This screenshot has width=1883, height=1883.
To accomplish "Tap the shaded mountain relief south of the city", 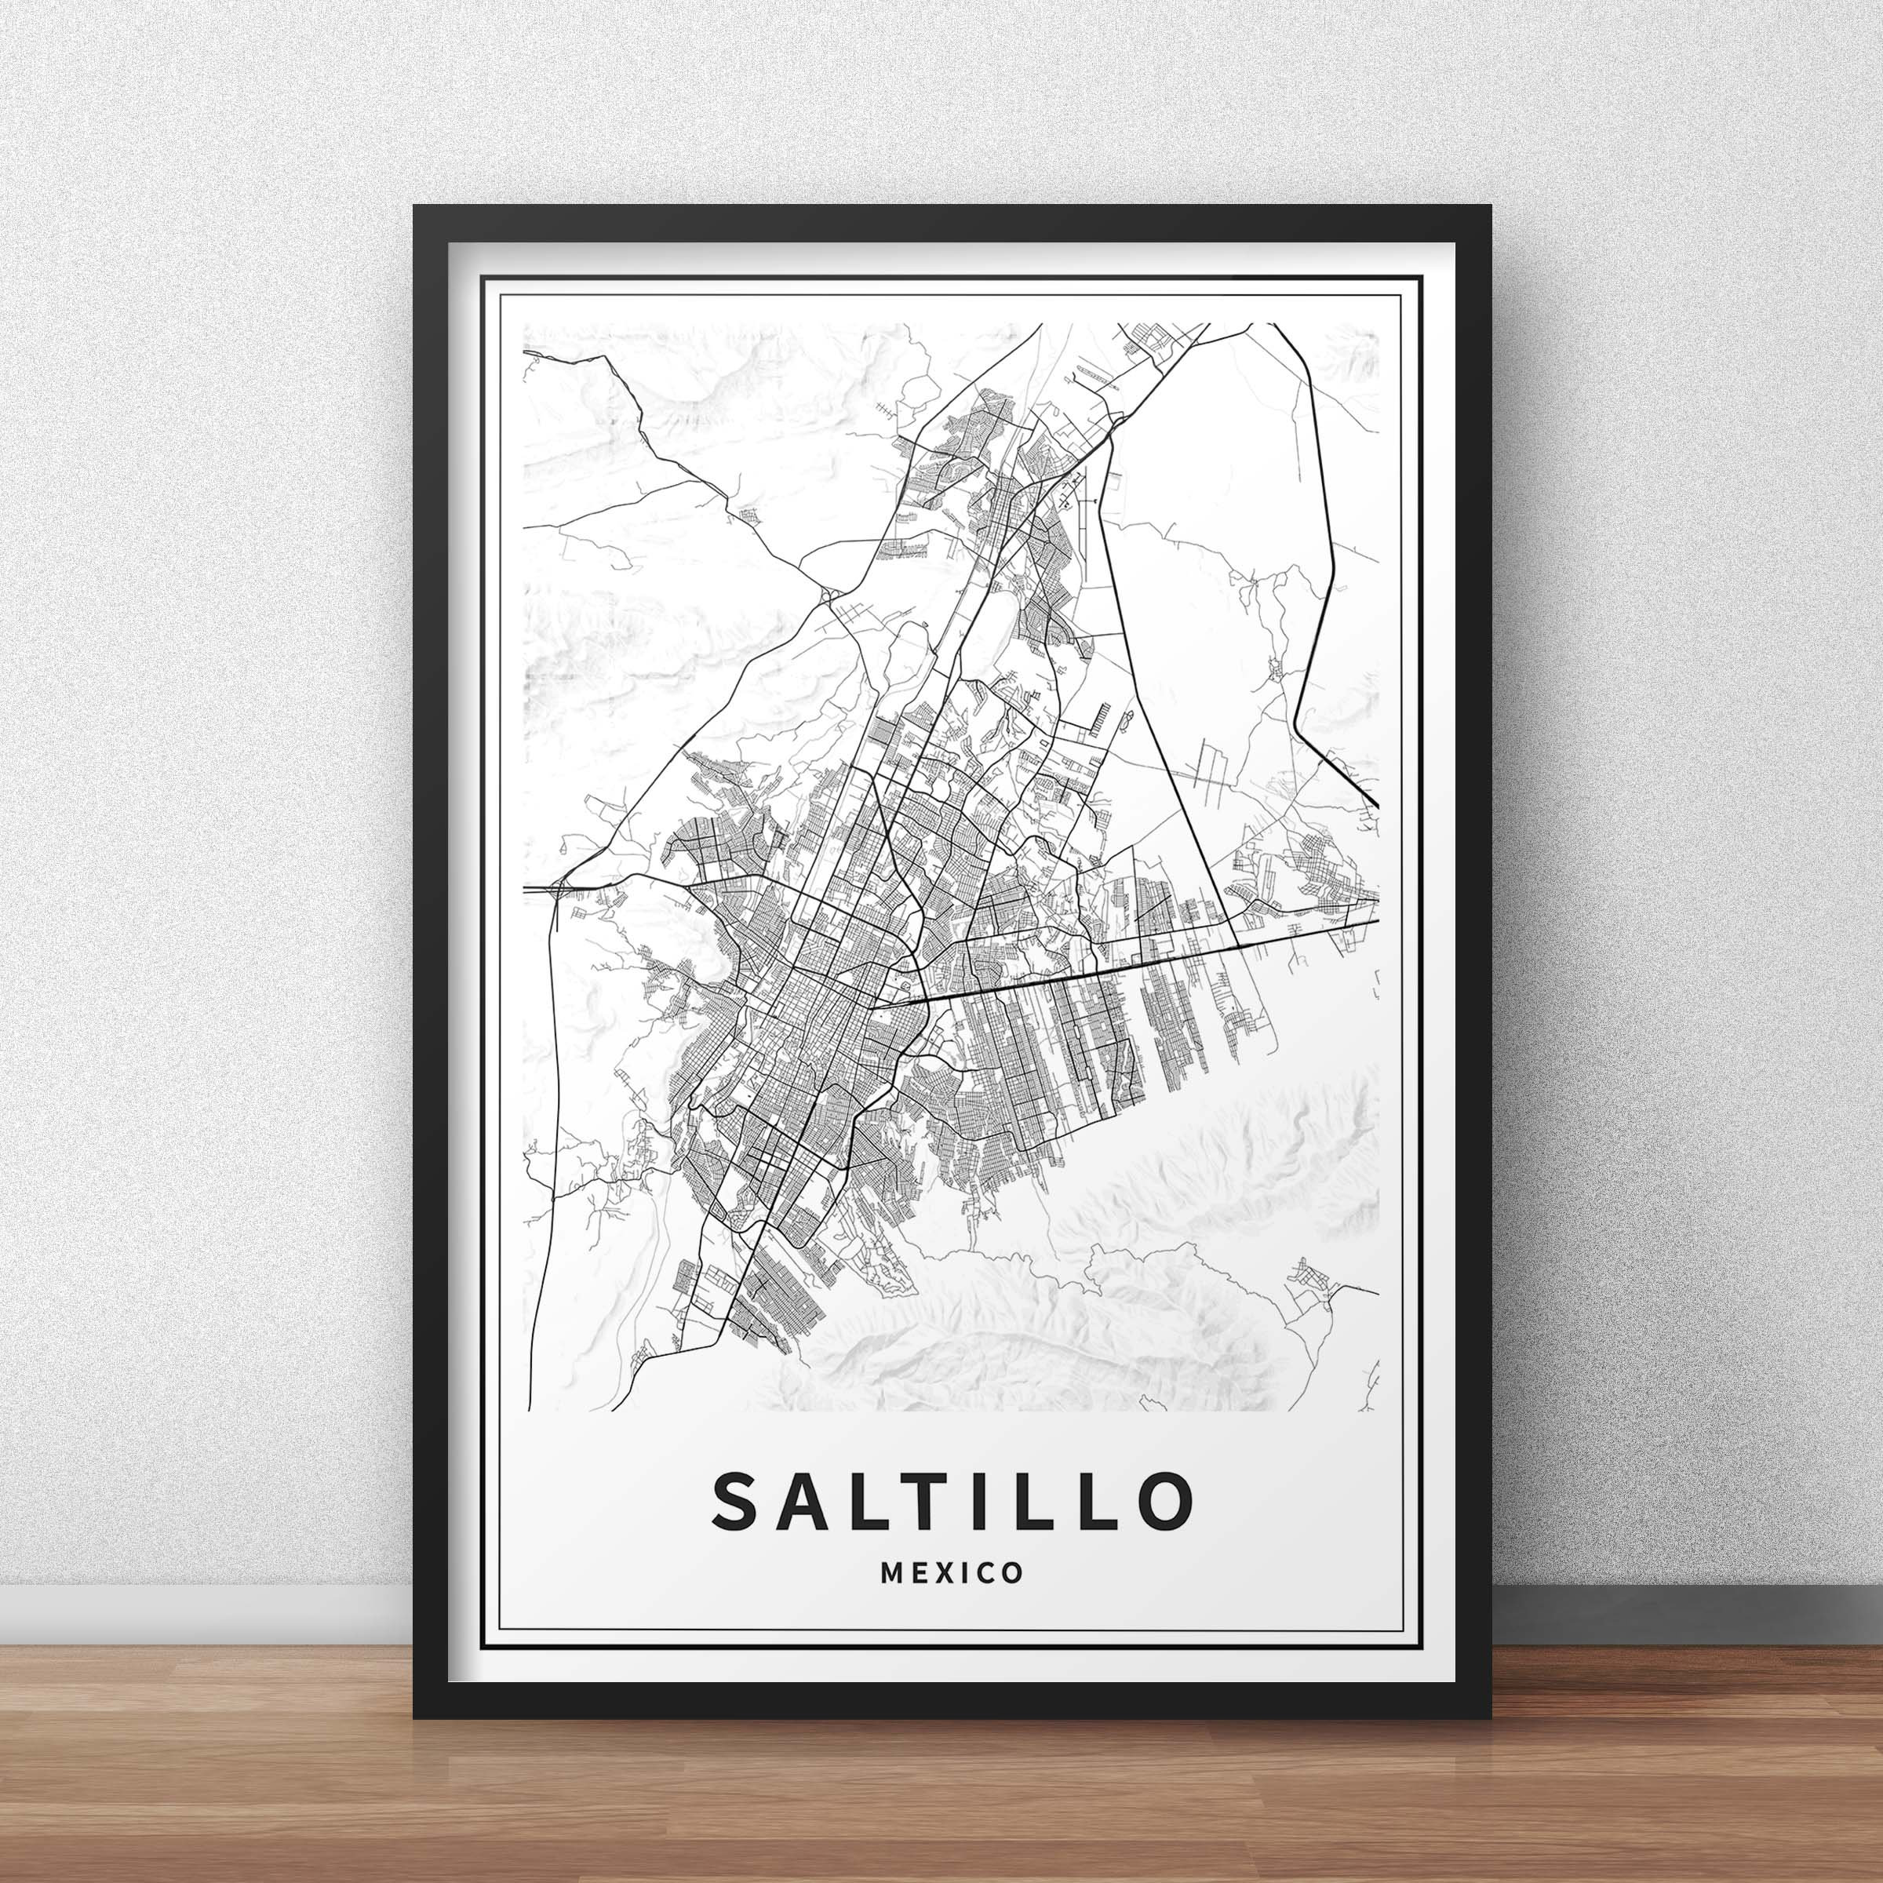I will coord(1023,1335).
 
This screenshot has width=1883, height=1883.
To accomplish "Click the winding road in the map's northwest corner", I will coord(624,390).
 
